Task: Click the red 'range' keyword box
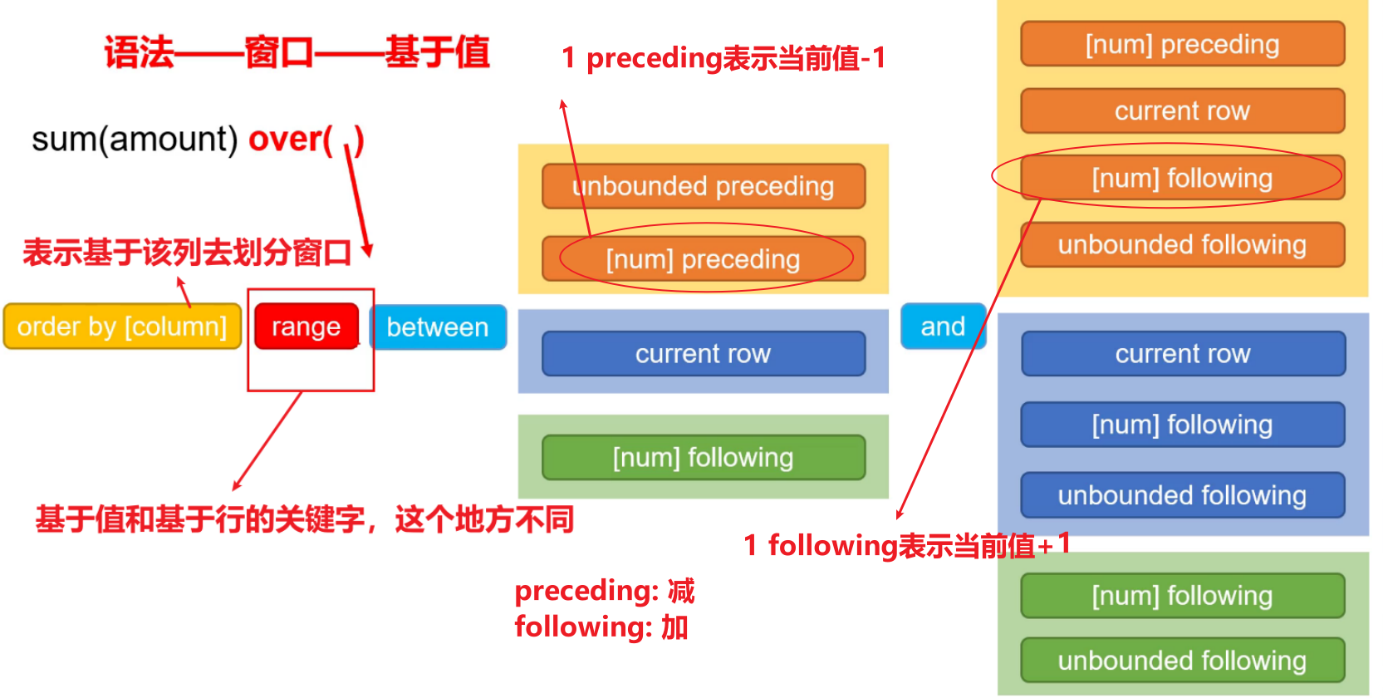tap(306, 327)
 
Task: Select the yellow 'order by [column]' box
tap(122, 327)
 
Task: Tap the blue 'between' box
tap(438, 327)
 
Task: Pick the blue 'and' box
tap(943, 327)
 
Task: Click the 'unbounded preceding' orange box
tap(703, 186)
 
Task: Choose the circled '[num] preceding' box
tap(703, 259)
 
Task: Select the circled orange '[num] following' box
tap(1182, 178)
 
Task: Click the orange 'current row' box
tap(1182, 111)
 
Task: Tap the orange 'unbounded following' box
tap(1182, 244)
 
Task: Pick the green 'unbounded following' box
tap(1182, 661)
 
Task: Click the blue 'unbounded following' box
tap(1182, 495)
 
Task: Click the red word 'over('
tap(291, 139)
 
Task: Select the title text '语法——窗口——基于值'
tap(297, 52)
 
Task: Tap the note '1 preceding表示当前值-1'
tap(723, 58)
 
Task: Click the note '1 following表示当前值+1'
tap(906, 545)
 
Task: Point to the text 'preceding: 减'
tap(604, 591)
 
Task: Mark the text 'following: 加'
tap(601, 627)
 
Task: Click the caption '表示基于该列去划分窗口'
tap(187, 253)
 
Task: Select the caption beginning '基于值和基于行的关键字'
tap(304, 519)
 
